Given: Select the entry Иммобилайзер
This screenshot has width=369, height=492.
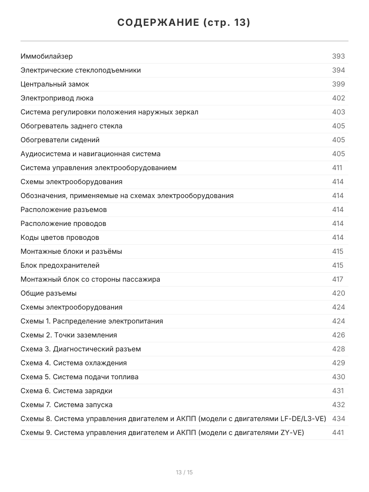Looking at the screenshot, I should tap(47, 56).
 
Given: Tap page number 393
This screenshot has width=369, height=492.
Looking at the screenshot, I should tap(338, 56).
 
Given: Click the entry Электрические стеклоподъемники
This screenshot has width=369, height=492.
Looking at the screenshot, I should tap(81, 70).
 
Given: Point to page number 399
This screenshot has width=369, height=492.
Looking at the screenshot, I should tap(338, 84).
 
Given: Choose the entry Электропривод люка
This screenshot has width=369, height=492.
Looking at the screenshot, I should tap(57, 98).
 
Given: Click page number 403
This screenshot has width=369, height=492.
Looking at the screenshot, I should tap(338, 112).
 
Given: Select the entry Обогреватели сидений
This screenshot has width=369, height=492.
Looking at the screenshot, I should tap(60, 140).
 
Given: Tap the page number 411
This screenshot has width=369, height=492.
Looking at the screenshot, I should tap(337, 168).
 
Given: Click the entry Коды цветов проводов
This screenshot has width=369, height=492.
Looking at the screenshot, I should tap(60, 237).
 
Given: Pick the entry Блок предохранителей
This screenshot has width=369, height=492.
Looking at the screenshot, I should tap(60, 265).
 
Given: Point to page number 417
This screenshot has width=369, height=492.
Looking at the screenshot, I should tap(337, 279).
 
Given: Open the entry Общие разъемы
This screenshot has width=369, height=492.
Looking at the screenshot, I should tap(49, 293).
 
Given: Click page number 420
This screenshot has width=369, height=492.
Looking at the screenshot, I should tap(338, 293).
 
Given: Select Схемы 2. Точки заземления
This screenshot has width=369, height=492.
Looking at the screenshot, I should tap(69, 335).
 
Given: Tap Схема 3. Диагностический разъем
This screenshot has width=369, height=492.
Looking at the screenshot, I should tap(81, 349).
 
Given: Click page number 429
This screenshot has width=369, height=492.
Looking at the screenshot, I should tap(338, 363).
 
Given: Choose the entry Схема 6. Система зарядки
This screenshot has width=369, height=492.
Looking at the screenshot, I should tap(66, 391).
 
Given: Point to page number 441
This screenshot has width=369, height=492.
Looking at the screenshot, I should tap(338, 433).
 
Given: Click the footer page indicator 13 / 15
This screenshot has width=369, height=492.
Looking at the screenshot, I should tap(184, 472).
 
